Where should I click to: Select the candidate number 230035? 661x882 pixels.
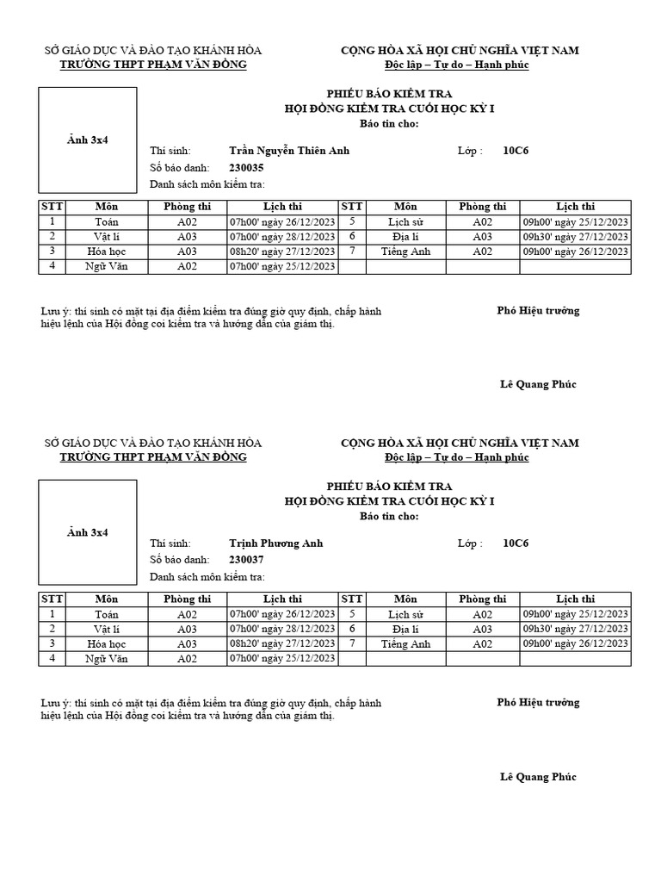click(246, 168)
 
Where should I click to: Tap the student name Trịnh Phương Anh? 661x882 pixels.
click(276, 543)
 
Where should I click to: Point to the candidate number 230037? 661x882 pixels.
click(246, 560)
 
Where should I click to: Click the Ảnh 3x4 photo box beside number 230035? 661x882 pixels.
click(88, 140)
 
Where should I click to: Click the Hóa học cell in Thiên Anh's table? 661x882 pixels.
click(107, 252)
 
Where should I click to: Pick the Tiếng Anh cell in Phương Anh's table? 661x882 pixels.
click(405, 644)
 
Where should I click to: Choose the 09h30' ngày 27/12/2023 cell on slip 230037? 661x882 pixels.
click(576, 630)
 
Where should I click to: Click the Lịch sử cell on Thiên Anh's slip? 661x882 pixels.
click(405, 222)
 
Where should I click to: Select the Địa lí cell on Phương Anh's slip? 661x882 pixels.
click(405, 630)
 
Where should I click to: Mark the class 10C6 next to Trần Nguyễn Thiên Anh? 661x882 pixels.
click(516, 151)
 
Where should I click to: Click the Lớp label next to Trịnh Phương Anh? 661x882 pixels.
click(470, 543)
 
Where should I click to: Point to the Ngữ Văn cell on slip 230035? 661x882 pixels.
click(107, 266)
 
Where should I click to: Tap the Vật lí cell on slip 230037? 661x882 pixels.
click(107, 630)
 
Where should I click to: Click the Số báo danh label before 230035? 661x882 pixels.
click(180, 168)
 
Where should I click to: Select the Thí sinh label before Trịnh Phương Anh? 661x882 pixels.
click(170, 543)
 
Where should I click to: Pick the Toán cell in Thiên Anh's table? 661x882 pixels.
click(107, 222)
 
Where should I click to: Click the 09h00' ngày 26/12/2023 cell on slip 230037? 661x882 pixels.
click(576, 644)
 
